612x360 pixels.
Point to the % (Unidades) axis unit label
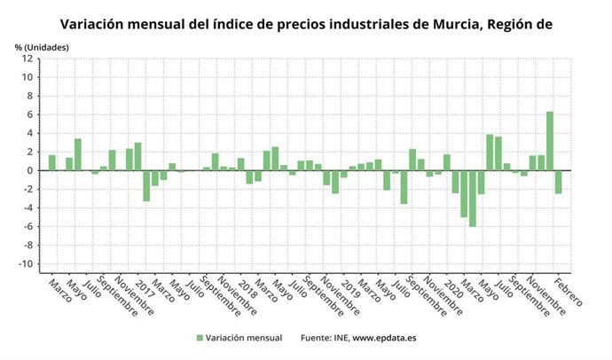click(x=41, y=45)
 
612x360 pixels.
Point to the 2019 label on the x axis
click(x=349, y=287)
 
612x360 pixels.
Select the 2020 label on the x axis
click(x=452, y=287)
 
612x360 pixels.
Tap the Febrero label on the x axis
click(x=569, y=293)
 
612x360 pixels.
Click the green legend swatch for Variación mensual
click(x=200, y=338)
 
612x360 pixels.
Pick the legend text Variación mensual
click(x=244, y=338)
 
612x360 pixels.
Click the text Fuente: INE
click(x=325, y=338)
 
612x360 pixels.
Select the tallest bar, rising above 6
click(x=550, y=140)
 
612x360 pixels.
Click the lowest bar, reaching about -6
click(x=473, y=199)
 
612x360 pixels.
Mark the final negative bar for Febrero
click(x=559, y=182)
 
